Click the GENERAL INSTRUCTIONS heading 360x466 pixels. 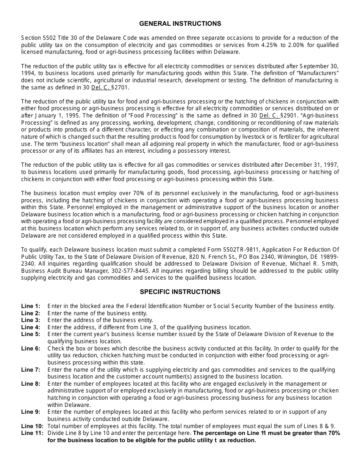(180, 23)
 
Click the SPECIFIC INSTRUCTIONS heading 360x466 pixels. (180, 292)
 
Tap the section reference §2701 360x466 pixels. (121, 88)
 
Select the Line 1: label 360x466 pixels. (30, 306)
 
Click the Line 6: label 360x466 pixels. (30, 349)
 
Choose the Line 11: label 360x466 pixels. (32, 433)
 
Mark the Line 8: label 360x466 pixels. (30, 384)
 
